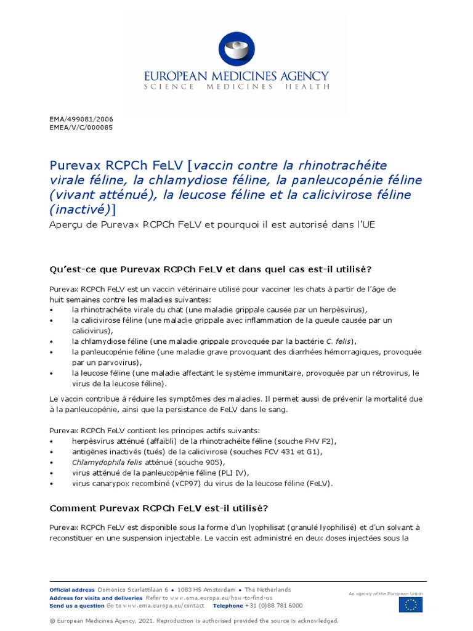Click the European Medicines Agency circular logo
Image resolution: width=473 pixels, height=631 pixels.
[236, 49]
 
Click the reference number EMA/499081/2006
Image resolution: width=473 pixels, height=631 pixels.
[81, 119]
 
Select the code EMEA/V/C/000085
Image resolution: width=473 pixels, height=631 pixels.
[81, 128]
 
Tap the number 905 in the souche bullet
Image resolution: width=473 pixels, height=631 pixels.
[212, 462]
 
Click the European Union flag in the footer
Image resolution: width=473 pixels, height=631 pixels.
[410, 606]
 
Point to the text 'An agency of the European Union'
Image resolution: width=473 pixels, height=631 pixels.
[386, 593]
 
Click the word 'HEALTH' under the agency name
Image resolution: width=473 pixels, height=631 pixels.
[306, 87]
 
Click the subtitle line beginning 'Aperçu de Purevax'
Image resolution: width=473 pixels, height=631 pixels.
[212, 224]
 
